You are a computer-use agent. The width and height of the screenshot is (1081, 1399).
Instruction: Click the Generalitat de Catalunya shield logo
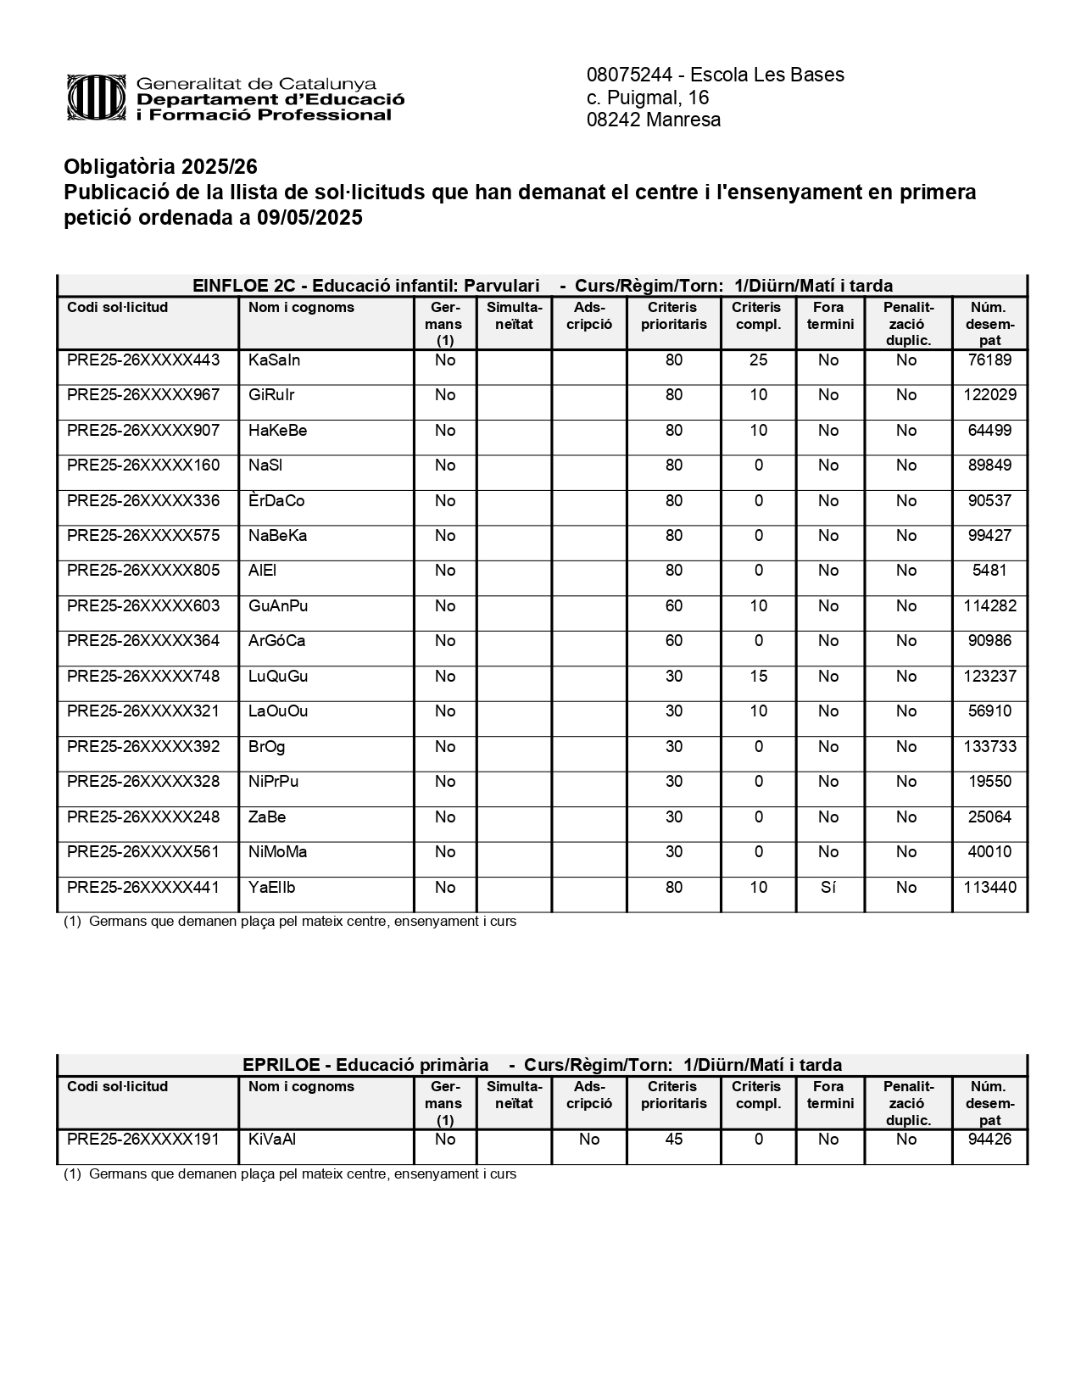[x=97, y=98]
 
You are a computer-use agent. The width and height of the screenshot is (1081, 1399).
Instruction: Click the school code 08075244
[x=627, y=75]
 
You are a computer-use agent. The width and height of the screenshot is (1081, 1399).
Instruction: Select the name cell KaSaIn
[x=274, y=360]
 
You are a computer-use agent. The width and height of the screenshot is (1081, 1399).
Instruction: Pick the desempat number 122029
[x=989, y=395]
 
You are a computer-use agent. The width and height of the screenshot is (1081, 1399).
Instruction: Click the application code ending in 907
[x=143, y=431]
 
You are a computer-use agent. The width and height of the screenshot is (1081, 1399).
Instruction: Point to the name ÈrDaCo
[x=276, y=501]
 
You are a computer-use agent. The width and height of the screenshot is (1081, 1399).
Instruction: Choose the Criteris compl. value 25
[x=758, y=360]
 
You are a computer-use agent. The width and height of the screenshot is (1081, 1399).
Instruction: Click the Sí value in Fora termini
[x=828, y=888]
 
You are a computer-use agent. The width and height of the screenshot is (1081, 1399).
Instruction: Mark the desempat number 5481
[x=989, y=571]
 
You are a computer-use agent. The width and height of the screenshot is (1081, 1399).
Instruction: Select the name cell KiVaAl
[x=272, y=1140]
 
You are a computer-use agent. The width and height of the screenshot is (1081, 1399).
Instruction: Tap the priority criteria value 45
[x=673, y=1140]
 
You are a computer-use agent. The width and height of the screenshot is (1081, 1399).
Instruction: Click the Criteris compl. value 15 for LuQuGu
[x=758, y=677]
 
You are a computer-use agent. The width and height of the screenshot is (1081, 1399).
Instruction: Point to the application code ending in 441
[x=143, y=888]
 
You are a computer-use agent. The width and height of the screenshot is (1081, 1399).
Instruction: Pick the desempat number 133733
[x=989, y=747]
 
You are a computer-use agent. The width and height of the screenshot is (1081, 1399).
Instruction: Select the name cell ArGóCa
[x=276, y=641]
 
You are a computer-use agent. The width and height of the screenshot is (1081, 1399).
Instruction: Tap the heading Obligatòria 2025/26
[x=160, y=166]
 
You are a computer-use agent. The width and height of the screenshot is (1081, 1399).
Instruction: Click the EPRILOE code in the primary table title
[x=281, y=1065]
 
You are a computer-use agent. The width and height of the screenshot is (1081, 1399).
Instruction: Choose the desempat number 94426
[x=989, y=1140]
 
